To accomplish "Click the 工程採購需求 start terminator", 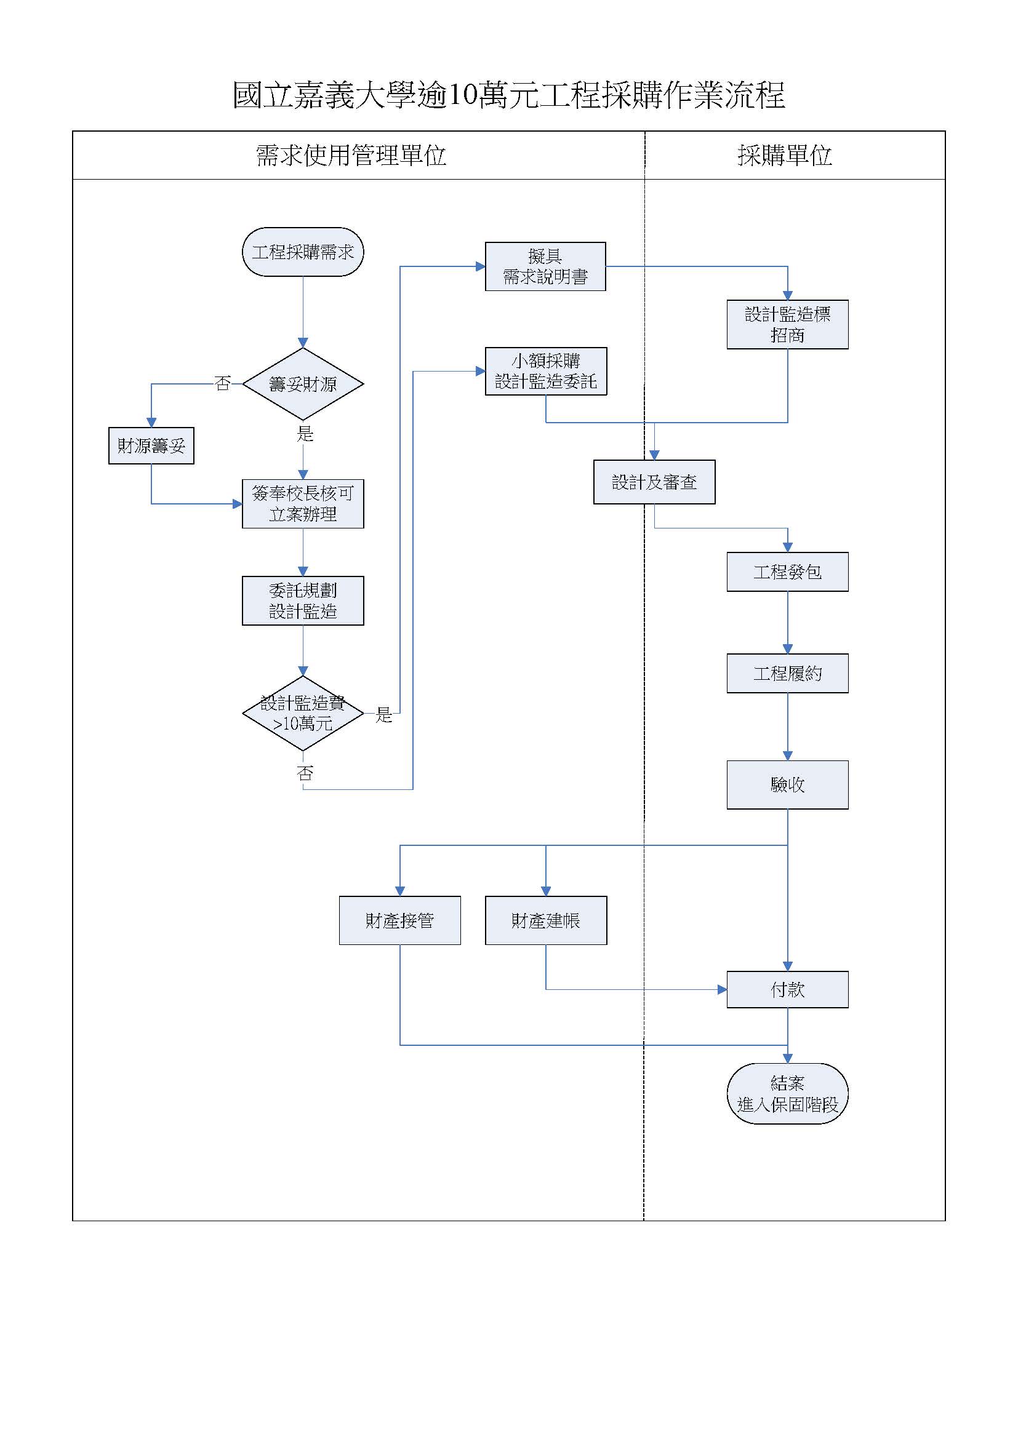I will (303, 252).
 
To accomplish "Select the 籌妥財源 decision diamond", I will (303, 383).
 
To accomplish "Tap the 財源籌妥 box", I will (151, 445).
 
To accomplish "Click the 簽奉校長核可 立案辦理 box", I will (303, 504).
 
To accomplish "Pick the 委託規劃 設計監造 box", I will (303, 600).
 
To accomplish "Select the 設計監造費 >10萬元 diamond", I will (303, 713).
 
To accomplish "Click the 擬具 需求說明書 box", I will (545, 266).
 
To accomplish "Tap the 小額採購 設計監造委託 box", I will (546, 371).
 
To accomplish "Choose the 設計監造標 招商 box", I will (787, 325).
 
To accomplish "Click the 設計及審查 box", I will (654, 482).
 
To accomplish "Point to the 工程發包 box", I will (787, 572).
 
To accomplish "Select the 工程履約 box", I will (787, 673).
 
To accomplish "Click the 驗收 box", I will (787, 784).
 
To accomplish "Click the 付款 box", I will (787, 990).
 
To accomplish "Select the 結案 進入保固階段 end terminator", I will (787, 1094).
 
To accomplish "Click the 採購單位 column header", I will (785, 156).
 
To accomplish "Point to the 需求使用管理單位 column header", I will (351, 156).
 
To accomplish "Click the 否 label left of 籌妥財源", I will (223, 383).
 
